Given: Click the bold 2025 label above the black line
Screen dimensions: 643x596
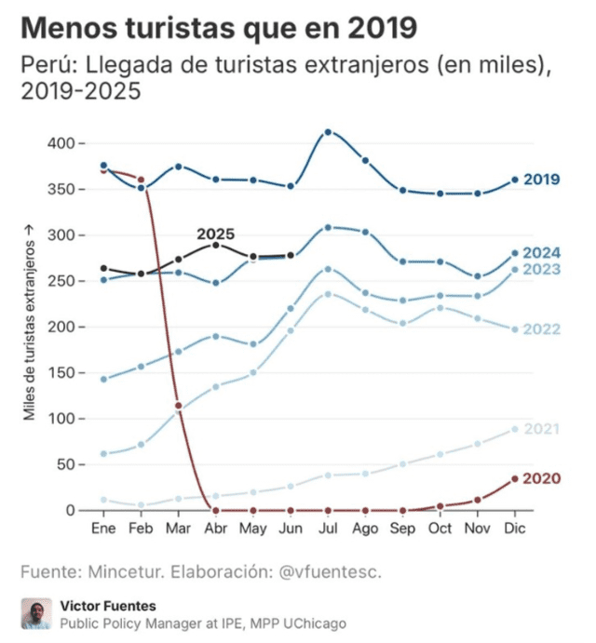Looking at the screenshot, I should pos(215,234).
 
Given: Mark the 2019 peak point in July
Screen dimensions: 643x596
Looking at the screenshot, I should pos(328,132).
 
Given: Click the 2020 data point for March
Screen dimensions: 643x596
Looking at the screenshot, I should pos(178,406).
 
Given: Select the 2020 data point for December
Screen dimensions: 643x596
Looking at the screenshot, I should pos(515,479).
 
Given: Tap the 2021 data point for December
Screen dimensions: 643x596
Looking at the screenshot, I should pos(515,429).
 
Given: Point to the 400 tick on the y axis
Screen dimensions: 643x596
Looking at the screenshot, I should pos(60,143).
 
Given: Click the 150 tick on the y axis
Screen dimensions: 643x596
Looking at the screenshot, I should pos(60,372).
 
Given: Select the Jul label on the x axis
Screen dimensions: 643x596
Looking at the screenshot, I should pos(328,529).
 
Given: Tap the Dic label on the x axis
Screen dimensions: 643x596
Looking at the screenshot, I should pos(515,529).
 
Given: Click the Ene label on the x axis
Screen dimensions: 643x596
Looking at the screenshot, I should pos(103,529).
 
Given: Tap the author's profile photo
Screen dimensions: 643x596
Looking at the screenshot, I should pos(35,614).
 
